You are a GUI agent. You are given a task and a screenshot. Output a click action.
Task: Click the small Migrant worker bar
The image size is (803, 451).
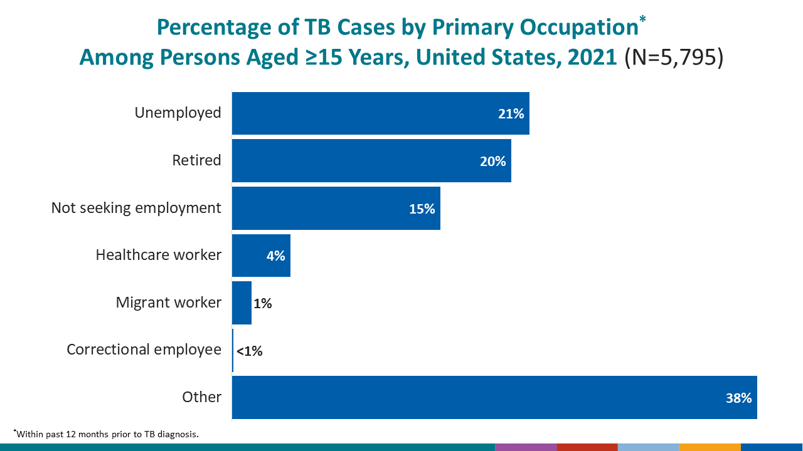242,303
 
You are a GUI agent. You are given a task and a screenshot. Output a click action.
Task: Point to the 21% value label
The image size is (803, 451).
511,114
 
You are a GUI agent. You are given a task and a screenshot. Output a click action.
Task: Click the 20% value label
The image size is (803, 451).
492,162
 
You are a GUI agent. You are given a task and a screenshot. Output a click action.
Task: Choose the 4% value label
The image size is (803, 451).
275,256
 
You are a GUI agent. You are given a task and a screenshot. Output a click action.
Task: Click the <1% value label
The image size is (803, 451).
249,351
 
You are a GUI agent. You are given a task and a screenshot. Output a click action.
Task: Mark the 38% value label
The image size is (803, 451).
738,398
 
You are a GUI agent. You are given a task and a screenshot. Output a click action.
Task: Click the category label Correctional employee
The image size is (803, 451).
144,350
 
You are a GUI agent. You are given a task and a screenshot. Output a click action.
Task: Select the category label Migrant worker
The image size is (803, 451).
168,303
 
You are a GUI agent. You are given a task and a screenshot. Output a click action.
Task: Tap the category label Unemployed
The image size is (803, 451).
178,113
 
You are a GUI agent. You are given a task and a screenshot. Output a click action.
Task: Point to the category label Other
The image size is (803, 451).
201,397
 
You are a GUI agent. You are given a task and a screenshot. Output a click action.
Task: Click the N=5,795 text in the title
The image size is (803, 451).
674,58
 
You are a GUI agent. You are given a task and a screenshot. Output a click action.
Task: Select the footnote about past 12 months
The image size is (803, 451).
107,434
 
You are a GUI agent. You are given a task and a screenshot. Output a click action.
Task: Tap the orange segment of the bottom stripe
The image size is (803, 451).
710,447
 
